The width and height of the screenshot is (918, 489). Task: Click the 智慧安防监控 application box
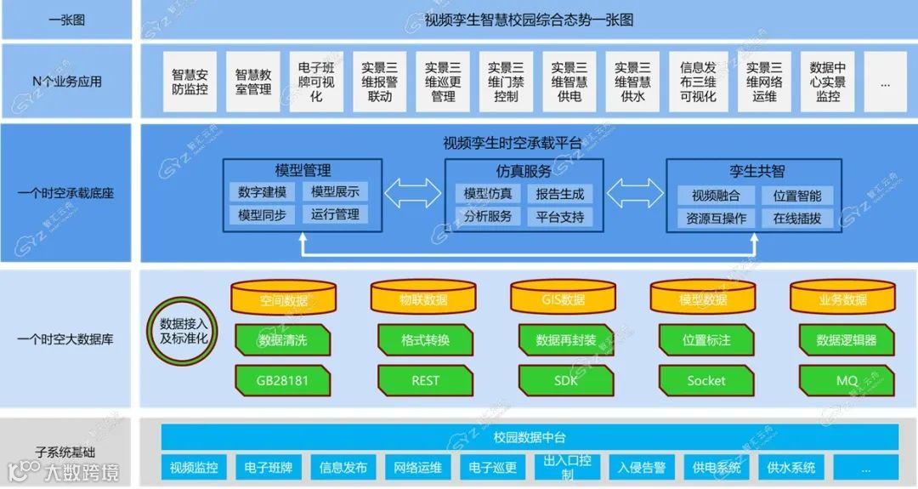click(190, 82)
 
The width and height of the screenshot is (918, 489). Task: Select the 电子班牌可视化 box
click(316, 82)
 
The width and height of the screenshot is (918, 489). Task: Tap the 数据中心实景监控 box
click(828, 82)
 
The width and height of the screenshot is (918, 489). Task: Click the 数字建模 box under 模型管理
click(263, 192)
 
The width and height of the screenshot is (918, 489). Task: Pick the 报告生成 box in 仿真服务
click(560, 194)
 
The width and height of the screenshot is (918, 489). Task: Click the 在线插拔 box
click(797, 218)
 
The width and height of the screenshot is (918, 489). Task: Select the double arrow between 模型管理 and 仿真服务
click(413, 193)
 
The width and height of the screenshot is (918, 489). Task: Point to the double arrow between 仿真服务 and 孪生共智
click(635, 193)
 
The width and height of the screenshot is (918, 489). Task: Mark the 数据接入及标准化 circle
click(184, 331)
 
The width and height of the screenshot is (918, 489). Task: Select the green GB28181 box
click(282, 380)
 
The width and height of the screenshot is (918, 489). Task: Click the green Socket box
click(706, 380)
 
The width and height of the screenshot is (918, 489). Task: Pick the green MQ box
click(847, 380)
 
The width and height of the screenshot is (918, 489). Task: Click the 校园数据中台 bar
click(530, 437)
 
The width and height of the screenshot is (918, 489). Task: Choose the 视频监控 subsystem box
click(194, 467)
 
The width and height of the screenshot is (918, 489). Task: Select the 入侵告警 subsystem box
click(641, 467)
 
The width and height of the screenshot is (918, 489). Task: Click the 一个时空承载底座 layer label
click(65, 193)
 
